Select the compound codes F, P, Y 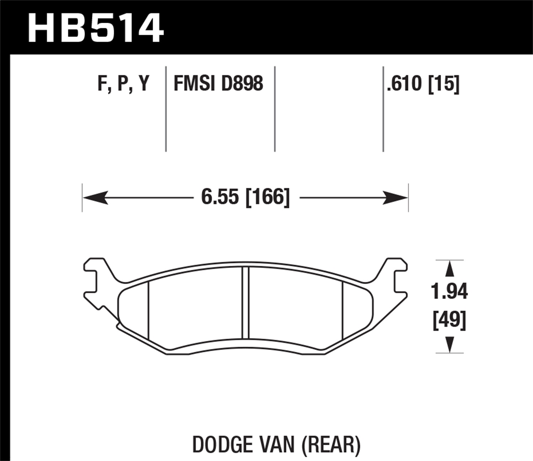click(123, 84)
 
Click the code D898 click(242, 84)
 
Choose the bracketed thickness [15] click(444, 84)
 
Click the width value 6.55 click(220, 197)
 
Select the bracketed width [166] click(268, 197)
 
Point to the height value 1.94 click(449, 292)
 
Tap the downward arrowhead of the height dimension click(449, 344)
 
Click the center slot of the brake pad click(245, 303)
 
